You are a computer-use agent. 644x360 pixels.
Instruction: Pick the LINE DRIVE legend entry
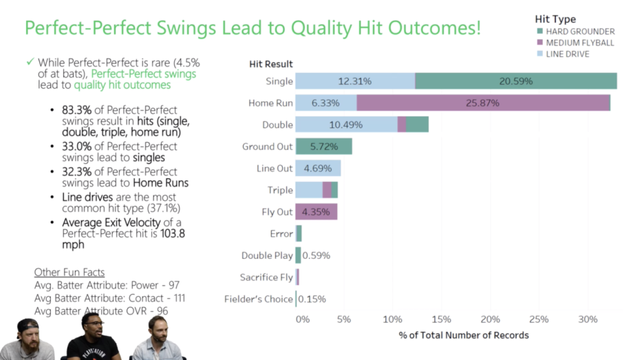coord(567,54)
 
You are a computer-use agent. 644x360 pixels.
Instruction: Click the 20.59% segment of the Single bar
coord(516,81)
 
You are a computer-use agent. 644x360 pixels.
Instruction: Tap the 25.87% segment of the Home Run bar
coord(482,103)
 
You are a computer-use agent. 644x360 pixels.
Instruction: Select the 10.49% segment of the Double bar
coord(346,125)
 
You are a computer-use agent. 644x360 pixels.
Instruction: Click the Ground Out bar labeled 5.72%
coord(323,147)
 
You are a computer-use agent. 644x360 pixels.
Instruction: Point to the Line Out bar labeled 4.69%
coord(318,168)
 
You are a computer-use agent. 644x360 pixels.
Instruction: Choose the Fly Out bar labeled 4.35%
coord(316,212)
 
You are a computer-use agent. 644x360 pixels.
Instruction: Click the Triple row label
coord(280,190)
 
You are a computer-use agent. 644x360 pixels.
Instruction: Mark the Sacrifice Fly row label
coord(266,277)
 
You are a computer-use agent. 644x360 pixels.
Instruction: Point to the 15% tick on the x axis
coord(441,319)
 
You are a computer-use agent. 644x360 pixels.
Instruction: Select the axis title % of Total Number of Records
coord(464,335)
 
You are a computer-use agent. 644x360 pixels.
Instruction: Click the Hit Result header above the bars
coord(270,64)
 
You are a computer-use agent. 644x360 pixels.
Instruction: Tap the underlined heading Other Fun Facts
coord(69,272)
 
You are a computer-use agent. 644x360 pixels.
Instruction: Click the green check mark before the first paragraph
coord(30,62)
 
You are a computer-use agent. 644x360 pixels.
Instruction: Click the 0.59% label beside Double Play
coord(316,255)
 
